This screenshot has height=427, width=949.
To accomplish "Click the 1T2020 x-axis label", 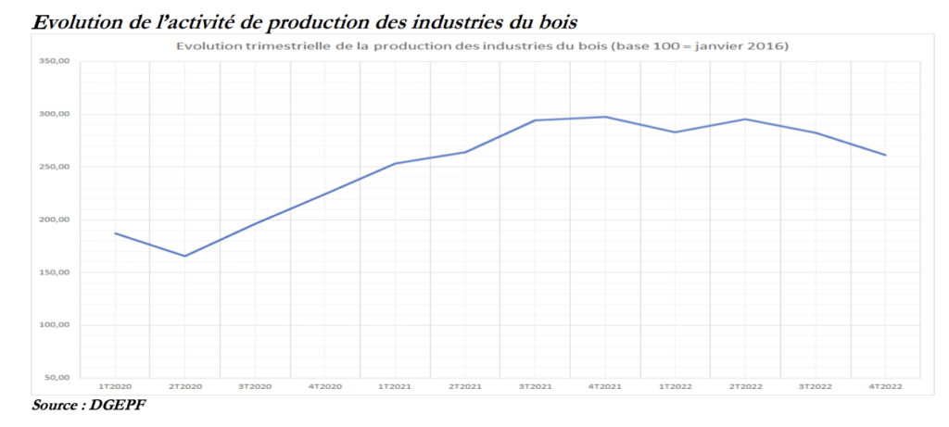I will point(115,385).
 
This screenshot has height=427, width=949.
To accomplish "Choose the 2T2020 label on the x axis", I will point(184,385).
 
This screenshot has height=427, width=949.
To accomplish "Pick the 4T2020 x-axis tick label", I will point(324,385).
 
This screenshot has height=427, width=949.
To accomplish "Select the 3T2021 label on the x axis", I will point(535,385).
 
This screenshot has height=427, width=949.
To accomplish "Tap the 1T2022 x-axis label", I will point(675,385).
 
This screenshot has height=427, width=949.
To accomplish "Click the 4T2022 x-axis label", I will point(885,385).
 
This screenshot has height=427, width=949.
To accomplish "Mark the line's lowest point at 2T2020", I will point(184,256).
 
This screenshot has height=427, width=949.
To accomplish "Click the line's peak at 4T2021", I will point(605,117).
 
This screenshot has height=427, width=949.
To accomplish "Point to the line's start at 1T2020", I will point(115,232).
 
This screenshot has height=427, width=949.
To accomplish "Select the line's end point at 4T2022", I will point(885,155).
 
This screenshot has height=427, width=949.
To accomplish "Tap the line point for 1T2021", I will point(395,164).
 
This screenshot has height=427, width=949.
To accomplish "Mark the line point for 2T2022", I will point(745,119).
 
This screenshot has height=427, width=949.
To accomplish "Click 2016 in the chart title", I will point(767,45).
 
